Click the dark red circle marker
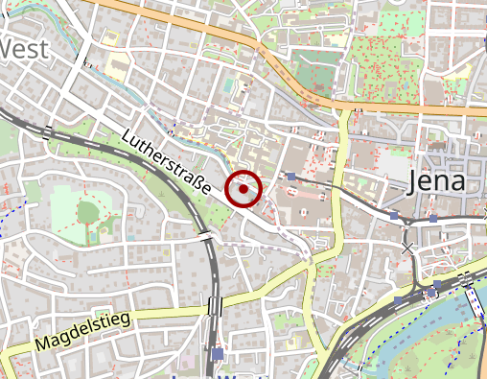point(243,189)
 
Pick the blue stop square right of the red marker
point(290,177)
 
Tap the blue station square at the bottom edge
point(219,354)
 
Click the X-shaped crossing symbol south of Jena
point(409,249)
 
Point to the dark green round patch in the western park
point(88,210)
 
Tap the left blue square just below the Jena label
point(394,216)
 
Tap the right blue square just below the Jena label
point(432,219)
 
